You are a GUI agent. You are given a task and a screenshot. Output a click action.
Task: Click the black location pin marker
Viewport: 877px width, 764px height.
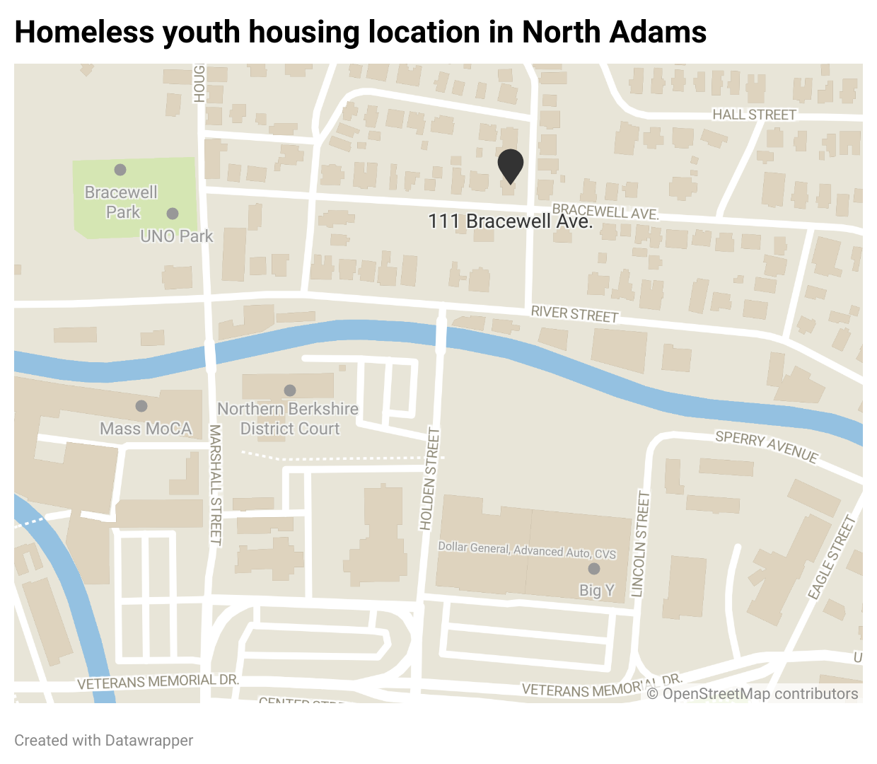tap(510, 166)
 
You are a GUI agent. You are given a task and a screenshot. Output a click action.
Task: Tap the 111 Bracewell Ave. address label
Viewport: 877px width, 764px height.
tap(510, 221)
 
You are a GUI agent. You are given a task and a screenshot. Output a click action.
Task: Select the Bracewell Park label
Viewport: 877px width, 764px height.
tap(122, 202)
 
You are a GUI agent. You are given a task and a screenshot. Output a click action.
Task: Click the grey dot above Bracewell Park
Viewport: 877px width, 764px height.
tap(120, 170)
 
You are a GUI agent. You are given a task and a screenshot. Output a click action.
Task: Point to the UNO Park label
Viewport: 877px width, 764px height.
tap(176, 236)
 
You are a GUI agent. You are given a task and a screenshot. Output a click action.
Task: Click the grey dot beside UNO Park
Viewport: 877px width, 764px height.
tap(173, 214)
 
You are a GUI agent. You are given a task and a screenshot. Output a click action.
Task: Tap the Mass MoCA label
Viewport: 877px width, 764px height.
tap(146, 429)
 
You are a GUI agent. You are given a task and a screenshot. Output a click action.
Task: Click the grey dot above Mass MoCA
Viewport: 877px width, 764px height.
tap(141, 406)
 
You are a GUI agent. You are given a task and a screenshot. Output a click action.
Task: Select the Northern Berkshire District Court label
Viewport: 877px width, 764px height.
tap(289, 419)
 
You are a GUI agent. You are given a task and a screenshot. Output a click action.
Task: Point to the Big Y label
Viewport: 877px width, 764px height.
tap(597, 590)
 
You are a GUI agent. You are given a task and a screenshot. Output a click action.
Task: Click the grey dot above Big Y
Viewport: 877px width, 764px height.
tap(594, 569)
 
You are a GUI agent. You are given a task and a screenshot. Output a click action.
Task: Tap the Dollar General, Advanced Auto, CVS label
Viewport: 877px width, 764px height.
tap(527, 550)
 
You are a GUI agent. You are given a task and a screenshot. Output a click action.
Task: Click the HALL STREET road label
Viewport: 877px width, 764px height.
tap(754, 115)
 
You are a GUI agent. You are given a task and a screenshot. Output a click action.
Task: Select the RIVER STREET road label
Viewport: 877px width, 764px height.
tap(574, 313)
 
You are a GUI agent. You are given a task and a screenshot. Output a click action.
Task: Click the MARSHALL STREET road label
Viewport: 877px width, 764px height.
tap(216, 485)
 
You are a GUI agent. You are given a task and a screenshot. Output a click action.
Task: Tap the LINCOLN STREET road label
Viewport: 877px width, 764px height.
tap(639, 545)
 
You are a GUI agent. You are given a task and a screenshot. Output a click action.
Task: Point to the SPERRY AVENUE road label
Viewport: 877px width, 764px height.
tap(767, 447)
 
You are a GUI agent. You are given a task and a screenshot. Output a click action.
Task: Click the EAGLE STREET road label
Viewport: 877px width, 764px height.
tap(832, 558)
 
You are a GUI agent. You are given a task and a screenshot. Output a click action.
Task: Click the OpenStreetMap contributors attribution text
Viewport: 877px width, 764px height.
tap(753, 694)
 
